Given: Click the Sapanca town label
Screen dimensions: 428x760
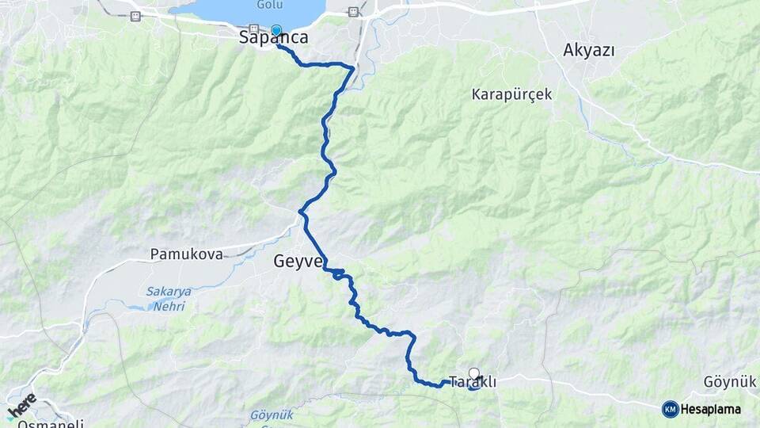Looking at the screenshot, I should click(x=274, y=37).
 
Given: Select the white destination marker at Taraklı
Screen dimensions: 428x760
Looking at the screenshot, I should click(x=474, y=373).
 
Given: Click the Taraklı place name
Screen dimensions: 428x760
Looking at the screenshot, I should click(x=473, y=383).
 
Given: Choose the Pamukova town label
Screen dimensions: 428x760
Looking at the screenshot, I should click(x=186, y=254).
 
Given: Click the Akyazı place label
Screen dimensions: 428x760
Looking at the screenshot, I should click(x=589, y=49).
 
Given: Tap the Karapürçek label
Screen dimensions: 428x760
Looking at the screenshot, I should click(x=511, y=94).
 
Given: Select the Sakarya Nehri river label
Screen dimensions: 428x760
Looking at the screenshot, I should click(x=167, y=298).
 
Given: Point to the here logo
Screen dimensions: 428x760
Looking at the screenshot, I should click(x=21, y=405).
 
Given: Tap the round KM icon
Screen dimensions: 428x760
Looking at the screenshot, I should click(x=670, y=409).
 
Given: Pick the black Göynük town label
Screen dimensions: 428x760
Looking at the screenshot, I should click(x=730, y=382).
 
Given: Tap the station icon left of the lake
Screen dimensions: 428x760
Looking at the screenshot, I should click(x=135, y=16).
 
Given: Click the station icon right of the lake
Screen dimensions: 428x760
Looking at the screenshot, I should click(x=354, y=12).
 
